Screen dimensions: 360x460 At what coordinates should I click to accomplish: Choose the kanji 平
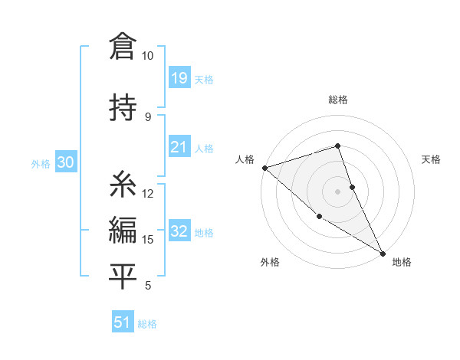tap(123, 275)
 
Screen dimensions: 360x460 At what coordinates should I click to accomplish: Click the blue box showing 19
tap(179, 78)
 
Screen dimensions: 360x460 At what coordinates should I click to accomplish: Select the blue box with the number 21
tap(179, 147)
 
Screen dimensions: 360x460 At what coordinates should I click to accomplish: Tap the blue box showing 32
tap(179, 231)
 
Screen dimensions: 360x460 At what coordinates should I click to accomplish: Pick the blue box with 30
tap(64, 162)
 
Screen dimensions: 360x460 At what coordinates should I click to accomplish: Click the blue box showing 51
tap(122, 322)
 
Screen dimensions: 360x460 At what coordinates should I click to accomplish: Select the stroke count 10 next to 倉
tap(147, 56)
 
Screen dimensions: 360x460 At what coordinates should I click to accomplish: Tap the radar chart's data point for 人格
tap(264, 168)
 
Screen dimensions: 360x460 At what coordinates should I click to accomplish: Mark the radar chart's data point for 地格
tap(383, 253)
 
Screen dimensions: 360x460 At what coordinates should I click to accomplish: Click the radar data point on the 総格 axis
tap(337, 146)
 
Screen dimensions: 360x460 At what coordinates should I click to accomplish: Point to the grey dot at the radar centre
tap(337, 191)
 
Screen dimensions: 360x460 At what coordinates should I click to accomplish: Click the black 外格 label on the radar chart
tap(270, 262)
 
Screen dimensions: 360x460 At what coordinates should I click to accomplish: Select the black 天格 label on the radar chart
tap(432, 159)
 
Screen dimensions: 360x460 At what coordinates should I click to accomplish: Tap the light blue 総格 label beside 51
tap(147, 324)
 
